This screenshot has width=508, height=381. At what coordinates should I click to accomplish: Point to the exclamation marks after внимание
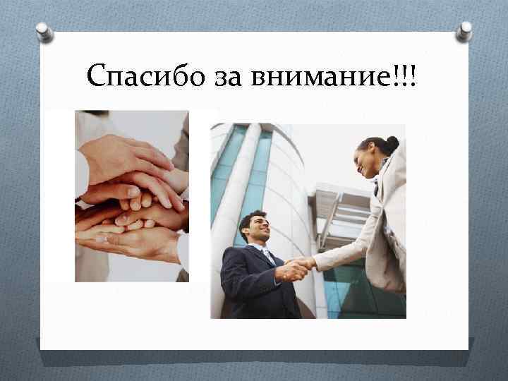click(407, 73)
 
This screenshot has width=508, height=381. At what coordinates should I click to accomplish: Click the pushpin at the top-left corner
click(44, 32)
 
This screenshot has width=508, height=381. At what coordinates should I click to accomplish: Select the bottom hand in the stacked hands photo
click(127, 243)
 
